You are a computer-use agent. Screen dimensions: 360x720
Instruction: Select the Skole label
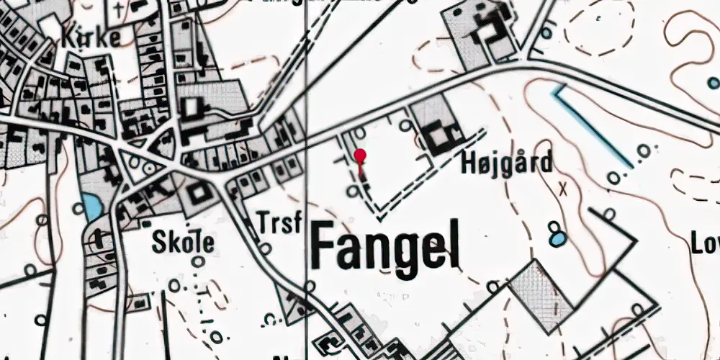point(183,243)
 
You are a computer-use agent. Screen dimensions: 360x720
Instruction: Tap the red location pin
point(360,157)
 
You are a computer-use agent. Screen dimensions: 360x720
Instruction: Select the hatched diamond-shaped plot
point(539,295)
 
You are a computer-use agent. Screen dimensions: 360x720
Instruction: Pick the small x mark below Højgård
point(563,189)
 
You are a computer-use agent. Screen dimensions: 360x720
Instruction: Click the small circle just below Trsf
point(266,248)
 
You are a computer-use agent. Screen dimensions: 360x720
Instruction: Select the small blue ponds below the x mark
point(556,233)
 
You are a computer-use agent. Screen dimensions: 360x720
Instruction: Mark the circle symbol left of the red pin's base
point(351,190)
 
